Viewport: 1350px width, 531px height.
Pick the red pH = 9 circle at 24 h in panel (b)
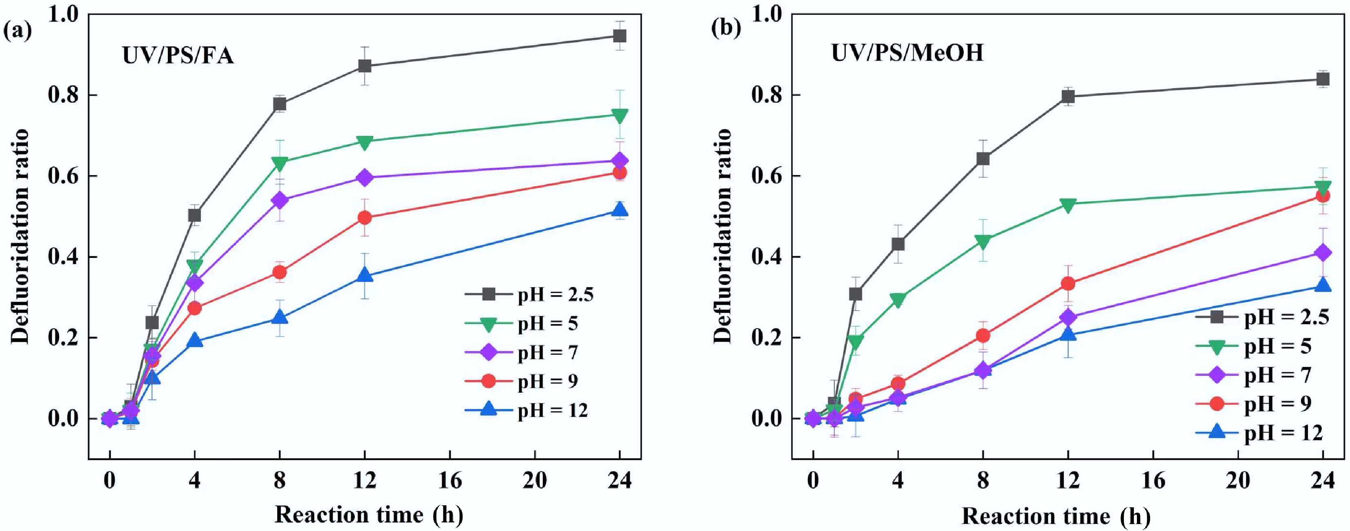click(1323, 196)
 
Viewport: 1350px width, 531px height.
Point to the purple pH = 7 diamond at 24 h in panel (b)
click(1323, 253)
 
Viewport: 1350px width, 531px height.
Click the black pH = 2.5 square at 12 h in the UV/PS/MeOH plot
click(1068, 96)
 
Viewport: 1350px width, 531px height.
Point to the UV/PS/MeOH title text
click(907, 53)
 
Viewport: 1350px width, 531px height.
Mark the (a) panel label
click(17, 30)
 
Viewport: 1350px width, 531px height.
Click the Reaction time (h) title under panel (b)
click(1056, 516)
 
